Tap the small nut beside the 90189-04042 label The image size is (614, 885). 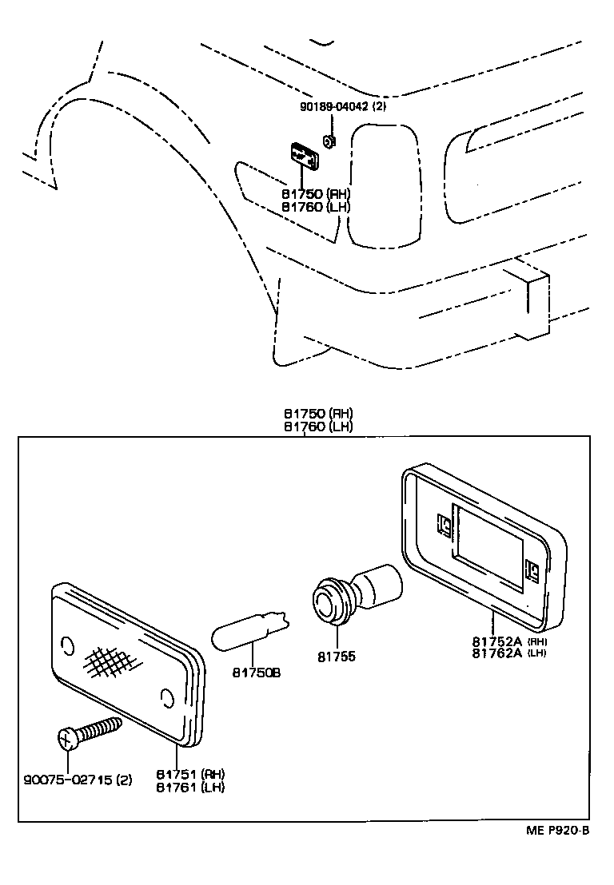(328, 141)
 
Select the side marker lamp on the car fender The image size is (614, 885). (305, 155)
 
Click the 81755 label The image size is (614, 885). (338, 657)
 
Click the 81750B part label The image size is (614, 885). (257, 673)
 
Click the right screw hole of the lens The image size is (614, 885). (166, 700)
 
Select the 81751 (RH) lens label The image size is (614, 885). (190, 774)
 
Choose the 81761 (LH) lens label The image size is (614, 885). (190, 787)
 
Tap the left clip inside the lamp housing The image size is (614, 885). (445, 524)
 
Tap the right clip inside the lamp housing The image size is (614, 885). (531, 569)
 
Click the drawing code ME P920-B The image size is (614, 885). (557, 831)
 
